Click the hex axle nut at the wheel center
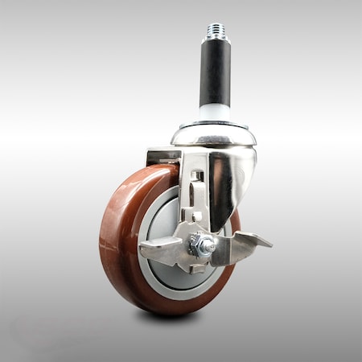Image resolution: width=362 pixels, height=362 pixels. point(200,245)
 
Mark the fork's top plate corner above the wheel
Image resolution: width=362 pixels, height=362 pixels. point(153,152)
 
